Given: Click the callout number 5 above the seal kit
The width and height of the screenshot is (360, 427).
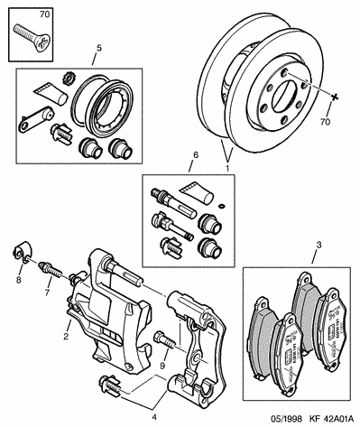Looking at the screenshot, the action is click(99, 48).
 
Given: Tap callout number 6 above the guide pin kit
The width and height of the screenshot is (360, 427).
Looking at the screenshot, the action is click(196, 155).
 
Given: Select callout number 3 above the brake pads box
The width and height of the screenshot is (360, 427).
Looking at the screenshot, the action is click(318, 245).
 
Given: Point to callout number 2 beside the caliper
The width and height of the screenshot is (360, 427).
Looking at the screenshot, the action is click(66, 336).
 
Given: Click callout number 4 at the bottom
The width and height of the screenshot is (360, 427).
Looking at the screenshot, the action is click(154, 417).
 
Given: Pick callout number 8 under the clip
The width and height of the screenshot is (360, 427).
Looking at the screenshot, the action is click(19, 280).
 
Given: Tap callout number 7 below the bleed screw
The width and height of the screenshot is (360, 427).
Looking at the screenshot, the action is click(47, 292).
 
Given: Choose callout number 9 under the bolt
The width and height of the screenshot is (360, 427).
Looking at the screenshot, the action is click(162, 366).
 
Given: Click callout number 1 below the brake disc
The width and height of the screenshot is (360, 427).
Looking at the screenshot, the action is click(227, 168).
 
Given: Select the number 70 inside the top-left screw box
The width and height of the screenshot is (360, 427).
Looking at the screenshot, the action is click(44, 14).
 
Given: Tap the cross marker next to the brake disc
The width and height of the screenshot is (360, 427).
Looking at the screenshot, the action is click(334, 97).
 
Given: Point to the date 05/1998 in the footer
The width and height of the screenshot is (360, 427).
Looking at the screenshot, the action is click(285, 419).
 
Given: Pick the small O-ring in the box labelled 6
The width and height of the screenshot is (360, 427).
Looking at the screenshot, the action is click(221, 206).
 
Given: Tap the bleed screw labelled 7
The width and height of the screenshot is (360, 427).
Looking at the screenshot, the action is click(51, 270).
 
